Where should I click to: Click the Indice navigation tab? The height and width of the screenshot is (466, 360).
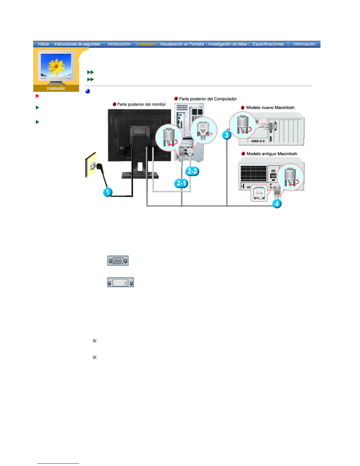43,44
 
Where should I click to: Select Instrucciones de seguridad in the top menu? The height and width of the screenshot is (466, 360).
77,44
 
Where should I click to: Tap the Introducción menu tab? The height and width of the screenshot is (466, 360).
119,44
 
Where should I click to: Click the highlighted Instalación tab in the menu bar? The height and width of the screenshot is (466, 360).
147,44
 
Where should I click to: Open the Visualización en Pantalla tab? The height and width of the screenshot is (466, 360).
182,44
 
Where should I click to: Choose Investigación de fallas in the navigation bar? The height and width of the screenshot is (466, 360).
228,44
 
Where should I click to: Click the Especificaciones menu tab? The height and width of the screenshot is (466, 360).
268,44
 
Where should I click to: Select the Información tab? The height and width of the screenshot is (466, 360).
304,44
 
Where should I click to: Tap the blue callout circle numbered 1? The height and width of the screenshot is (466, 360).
107,192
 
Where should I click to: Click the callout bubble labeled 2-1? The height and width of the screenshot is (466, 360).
181,183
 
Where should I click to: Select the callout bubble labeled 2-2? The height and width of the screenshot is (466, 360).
192,171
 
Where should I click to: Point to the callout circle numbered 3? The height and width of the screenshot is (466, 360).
226,135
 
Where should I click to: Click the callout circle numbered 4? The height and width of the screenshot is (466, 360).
276,204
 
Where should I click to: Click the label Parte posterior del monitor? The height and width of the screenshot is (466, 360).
141,104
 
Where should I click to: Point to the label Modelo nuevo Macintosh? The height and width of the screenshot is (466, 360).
270,108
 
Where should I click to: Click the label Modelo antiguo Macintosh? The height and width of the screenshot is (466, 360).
272,154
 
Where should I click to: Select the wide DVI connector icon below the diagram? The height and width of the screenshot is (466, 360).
120,282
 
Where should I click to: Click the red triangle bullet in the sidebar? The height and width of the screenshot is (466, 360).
37,96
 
